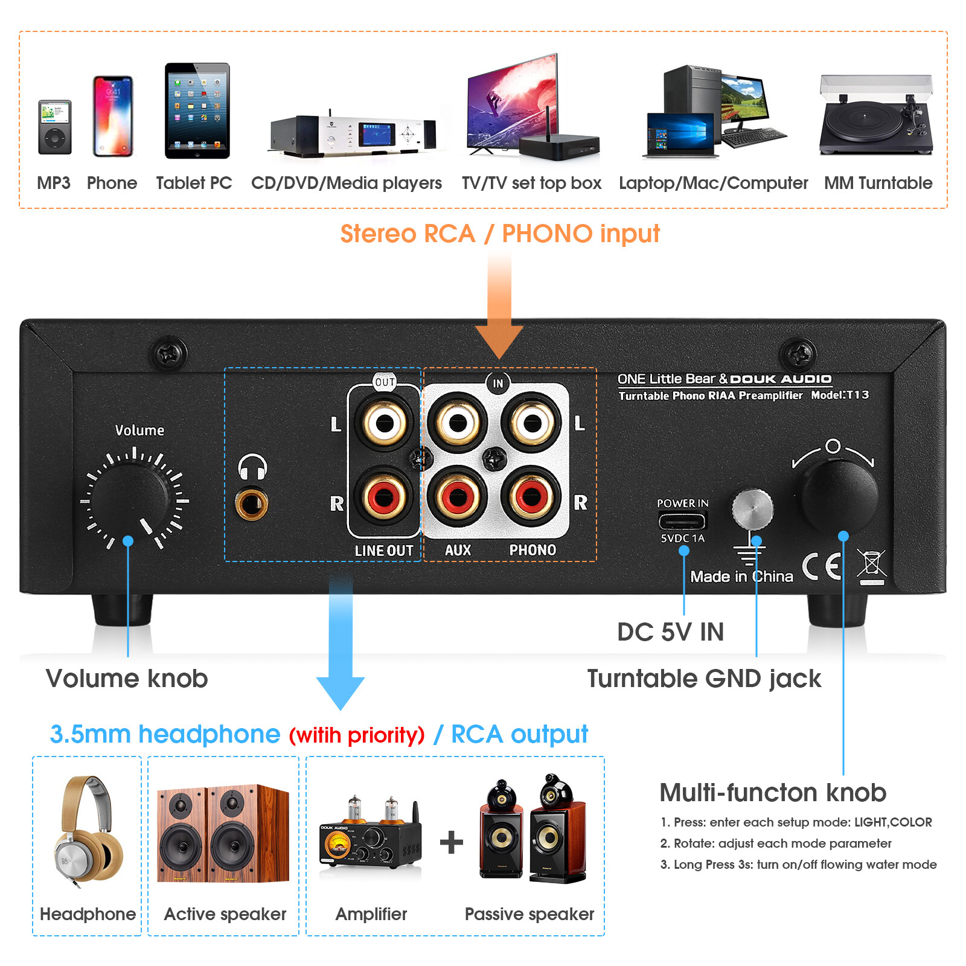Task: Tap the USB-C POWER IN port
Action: pyautogui.click(x=682, y=520)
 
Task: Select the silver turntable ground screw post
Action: pyautogui.click(x=752, y=508)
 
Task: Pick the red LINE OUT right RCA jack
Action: pyautogui.click(x=385, y=498)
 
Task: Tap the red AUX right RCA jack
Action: pyautogui.click(x=457, y=498)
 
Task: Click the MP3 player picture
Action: pyautogui.click(x=55, y=127)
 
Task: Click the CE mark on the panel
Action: pyautogui.click(x=822, y=566)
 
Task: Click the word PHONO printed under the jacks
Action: pyautogui.click(x=533, y=550)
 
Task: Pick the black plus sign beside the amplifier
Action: pyautogui.click(x=452, y=842)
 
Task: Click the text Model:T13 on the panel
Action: pyautogui.click(x=839, y=395)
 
